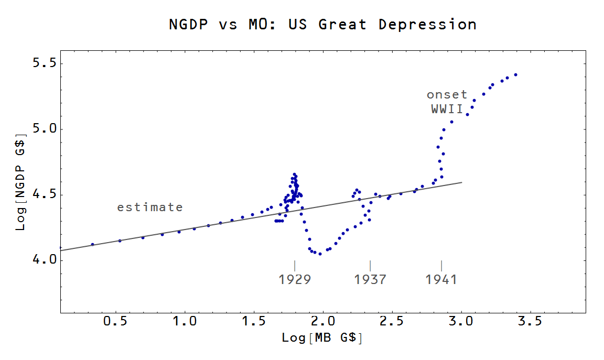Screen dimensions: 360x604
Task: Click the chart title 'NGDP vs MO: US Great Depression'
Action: (322, 25)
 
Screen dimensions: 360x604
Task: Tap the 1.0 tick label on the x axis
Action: (185, 321)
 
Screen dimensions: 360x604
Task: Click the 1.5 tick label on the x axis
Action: (254, 321)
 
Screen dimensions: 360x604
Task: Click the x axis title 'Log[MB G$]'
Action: (322, 338)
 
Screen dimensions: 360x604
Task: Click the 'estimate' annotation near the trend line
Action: (150, 208)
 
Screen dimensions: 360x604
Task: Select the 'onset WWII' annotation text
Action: (447, 102)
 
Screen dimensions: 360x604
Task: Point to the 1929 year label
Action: (295, 279)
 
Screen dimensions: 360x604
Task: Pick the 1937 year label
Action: (370, 279)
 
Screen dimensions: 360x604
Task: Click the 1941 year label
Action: (441, 279)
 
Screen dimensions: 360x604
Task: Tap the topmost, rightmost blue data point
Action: (515, 74)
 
